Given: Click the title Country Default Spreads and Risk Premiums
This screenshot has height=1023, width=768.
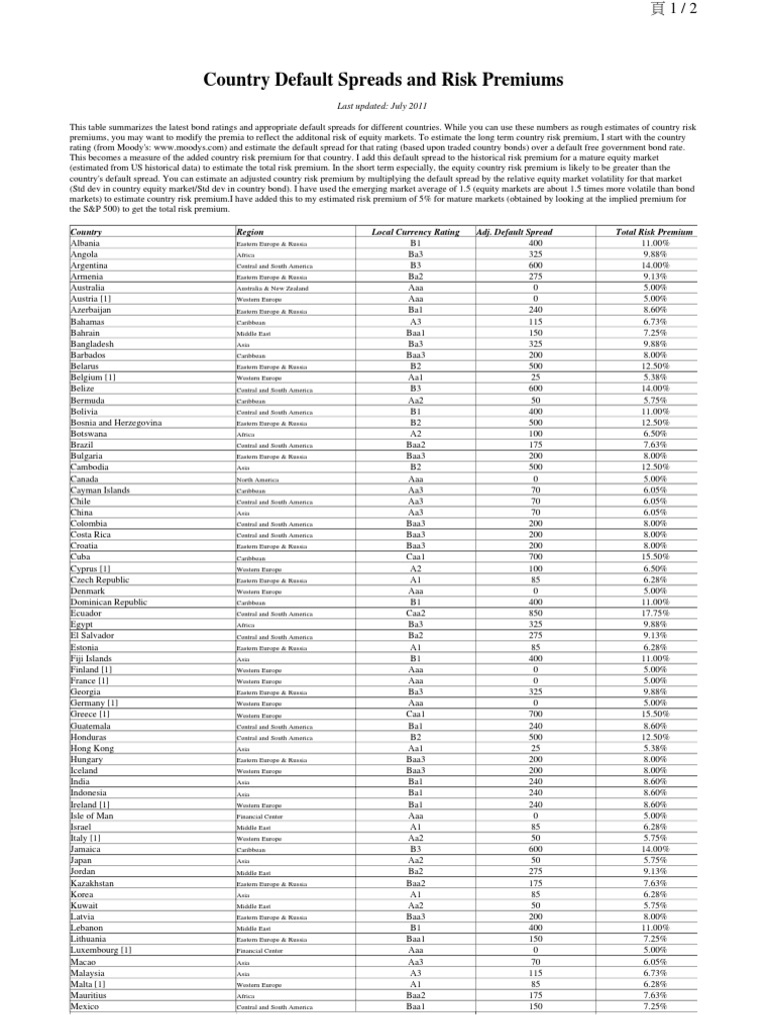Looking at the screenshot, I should coord(384,79).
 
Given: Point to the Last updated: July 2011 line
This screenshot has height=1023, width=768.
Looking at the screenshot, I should coord(384,106).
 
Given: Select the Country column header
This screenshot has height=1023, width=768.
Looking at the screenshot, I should coord(88,232).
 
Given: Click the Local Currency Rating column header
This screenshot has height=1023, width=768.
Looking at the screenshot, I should coord(415,232).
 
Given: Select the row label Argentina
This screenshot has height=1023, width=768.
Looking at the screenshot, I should coord(93,265).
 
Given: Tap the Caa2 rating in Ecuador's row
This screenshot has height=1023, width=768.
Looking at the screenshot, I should coord(415,614).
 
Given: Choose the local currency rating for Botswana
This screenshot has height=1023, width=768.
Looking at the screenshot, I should coord(415,435).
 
